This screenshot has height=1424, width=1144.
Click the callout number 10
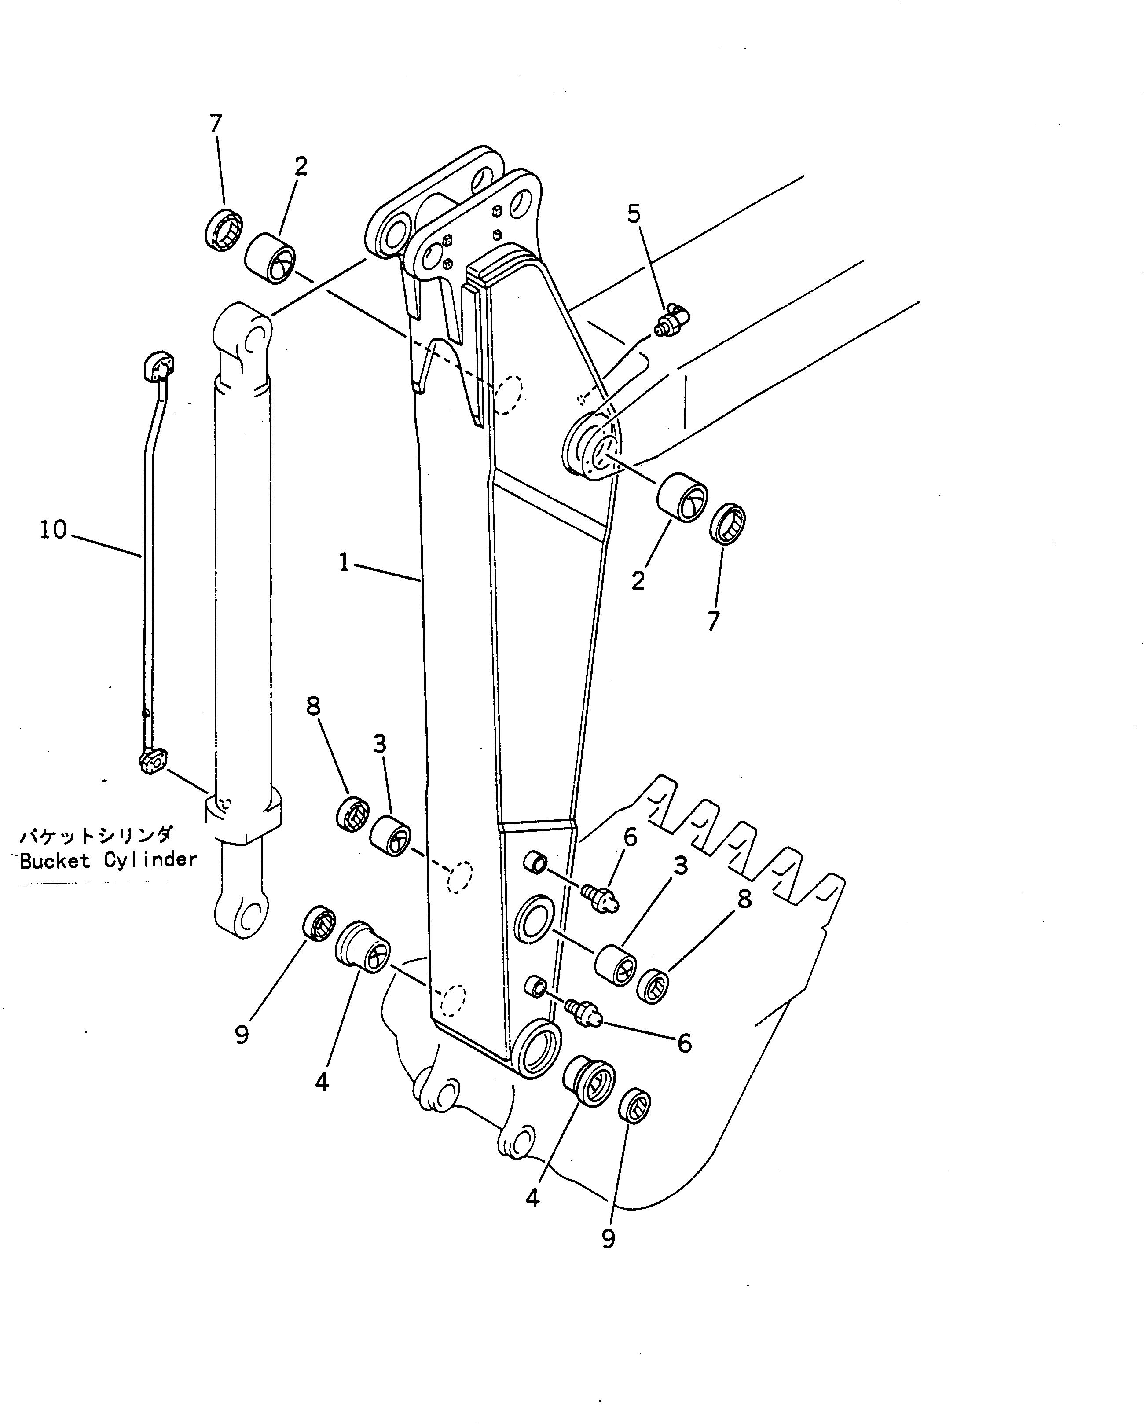[x=53, y=530]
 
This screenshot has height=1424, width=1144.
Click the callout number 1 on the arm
[x=344, y=563]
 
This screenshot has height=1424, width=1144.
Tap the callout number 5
[x=634, y=214]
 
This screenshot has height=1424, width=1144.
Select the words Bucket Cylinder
[x=108, y=860]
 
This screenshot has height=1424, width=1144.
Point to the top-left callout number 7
[x=216, y=124]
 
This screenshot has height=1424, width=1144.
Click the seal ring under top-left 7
[x=223, y=230]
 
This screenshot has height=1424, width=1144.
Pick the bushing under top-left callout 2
[x=270, y=257]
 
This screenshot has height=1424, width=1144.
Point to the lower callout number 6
[x=684, y=1043]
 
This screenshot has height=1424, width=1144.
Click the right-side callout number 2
[x=638, y=581]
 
